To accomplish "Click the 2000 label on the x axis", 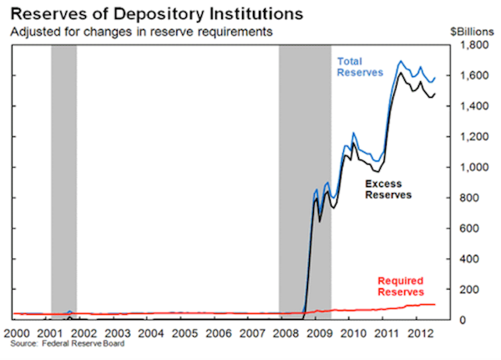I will tap(16, 333).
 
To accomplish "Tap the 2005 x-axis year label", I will tap(184, 333).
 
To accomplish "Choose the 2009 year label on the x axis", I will tap(319, 333).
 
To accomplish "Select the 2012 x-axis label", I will tap(419, 333).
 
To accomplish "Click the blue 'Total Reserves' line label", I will tap(360, 66).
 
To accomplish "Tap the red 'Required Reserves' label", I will tap(401, 286).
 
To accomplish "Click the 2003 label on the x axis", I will tap(116, 333).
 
